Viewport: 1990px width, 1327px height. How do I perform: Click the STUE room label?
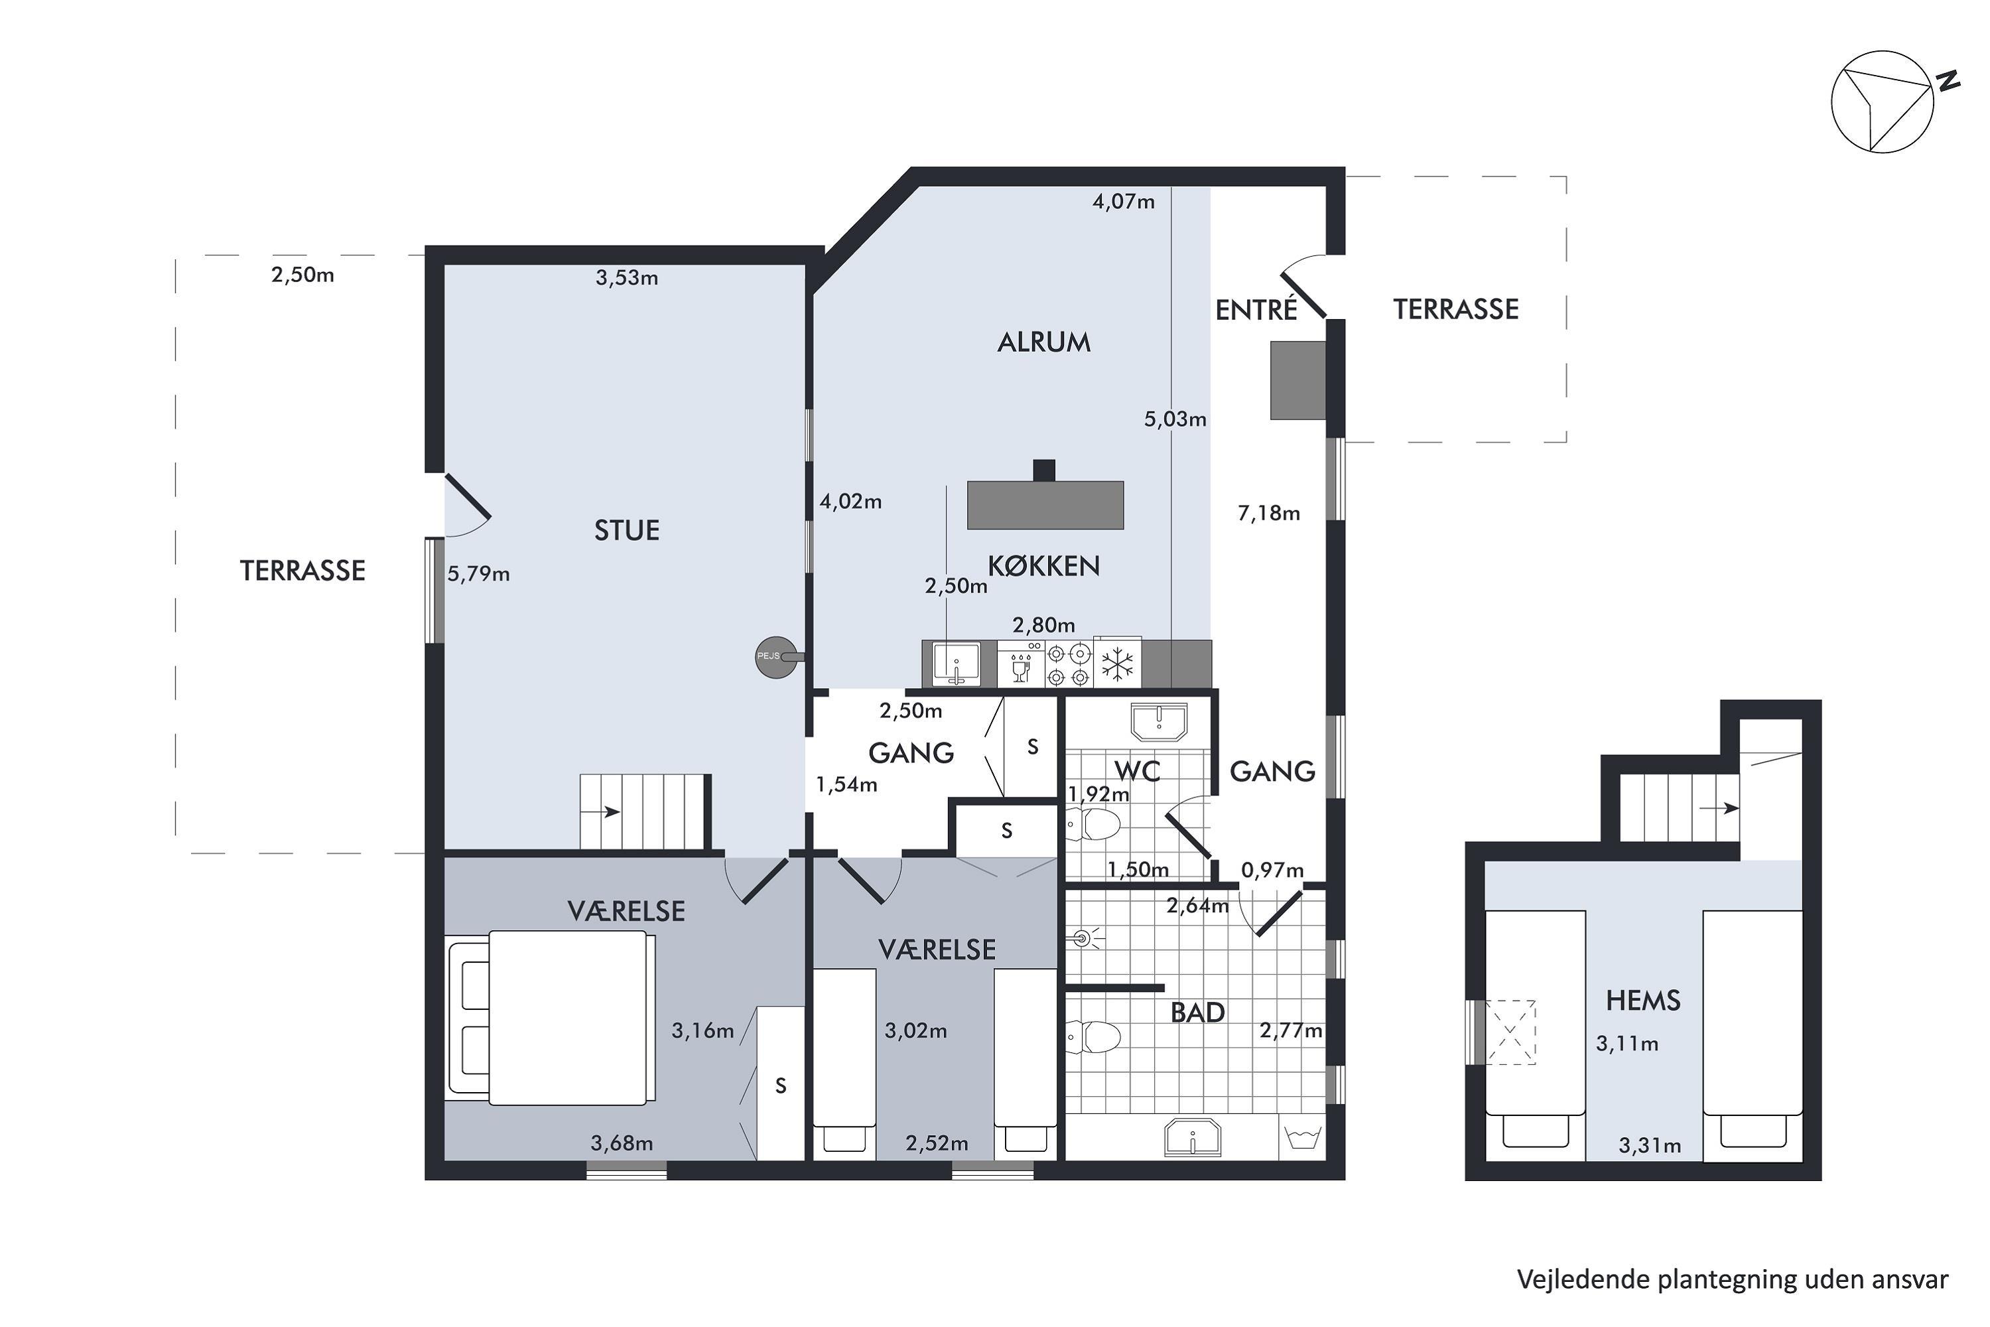pos(626,531)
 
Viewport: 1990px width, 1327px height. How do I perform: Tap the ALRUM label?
pos(1044,343)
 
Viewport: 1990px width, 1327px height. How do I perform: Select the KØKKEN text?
pos(1044,566)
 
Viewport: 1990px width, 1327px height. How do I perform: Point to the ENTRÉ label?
pos(1256,310)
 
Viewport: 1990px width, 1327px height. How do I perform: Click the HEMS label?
pos(1642,1001)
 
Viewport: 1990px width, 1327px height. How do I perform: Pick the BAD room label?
pos(1197,1013)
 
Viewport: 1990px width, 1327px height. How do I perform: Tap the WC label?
pos(1137,771)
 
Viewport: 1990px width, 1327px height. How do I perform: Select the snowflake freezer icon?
pos(1117,664)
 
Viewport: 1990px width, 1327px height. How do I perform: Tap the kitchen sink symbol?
pos(957,664)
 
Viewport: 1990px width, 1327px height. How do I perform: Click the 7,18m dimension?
pos(1268,514)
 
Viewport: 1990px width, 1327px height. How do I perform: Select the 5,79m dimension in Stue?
pos(478,575)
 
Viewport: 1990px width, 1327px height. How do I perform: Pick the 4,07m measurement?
pos(1123,202)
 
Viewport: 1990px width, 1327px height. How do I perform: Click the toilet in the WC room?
pos(1093,823)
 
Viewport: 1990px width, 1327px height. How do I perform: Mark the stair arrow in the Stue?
pos(612,812)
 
